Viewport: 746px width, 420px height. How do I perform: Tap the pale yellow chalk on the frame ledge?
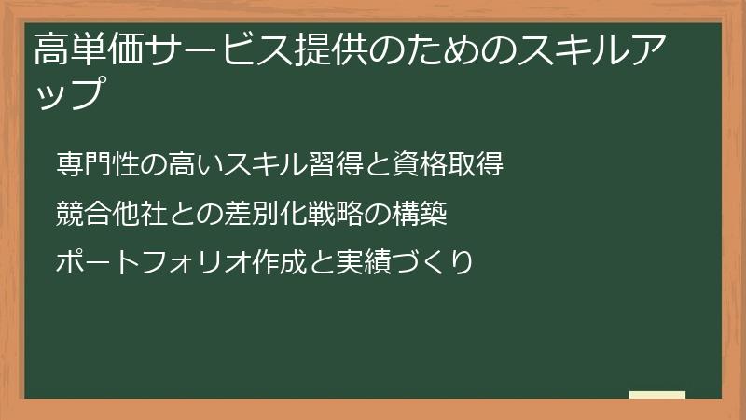tap(656, 395)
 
